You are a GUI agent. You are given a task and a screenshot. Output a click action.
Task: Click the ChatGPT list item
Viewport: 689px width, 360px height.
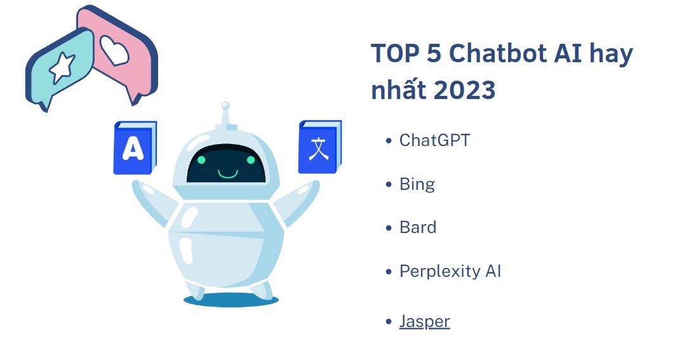(434, 140)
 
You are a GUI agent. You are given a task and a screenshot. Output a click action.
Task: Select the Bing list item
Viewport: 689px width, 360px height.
(417, 185)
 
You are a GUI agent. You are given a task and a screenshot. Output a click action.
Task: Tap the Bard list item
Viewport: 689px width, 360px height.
(417, 227)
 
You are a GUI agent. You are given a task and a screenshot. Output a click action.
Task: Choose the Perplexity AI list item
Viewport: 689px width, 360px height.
(450, 272)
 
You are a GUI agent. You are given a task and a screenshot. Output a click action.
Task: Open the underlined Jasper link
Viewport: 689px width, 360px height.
(424, 321)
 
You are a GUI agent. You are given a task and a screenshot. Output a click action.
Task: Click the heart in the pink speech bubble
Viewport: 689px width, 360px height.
(115, 50)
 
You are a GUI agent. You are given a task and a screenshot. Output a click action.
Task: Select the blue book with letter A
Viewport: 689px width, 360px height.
(133, 149)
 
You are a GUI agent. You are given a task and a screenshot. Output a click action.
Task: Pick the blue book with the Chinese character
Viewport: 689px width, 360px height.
(318, 147)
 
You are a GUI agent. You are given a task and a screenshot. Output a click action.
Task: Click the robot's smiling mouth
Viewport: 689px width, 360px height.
(227, 173)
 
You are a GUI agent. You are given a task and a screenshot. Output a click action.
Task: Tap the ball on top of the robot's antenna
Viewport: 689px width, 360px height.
(224, 105)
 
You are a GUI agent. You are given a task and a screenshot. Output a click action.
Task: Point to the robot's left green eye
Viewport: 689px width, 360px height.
(201, 161)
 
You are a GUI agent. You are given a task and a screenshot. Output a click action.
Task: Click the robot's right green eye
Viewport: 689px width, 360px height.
(253, 161)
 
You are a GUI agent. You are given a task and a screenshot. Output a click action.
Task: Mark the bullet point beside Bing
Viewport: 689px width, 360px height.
(389, 185)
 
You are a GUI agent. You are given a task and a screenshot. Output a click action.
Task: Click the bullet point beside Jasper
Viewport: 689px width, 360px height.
(389, 323)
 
